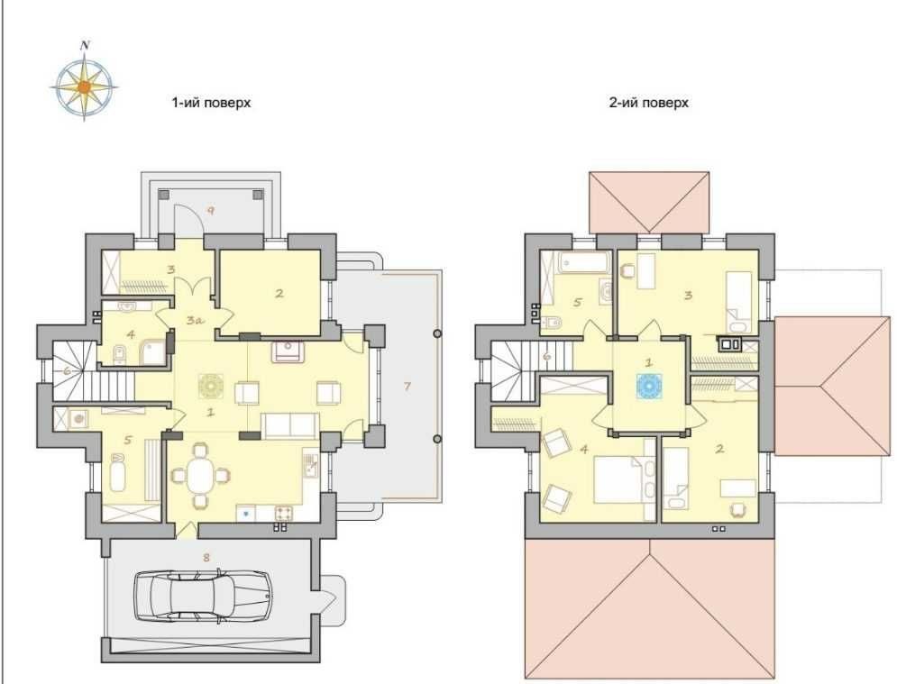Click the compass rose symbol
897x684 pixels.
tap(84, 87)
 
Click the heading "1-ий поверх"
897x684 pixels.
tap(211, 103)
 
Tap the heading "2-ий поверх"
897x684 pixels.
tap(649, 103)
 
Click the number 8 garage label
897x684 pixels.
tap(206, 557)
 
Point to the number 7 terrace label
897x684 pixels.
tap(407, 387)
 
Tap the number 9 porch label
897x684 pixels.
tap(211, 211)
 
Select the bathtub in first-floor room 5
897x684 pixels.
tap(118, 472)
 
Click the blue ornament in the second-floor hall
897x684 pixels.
tap(649, 386)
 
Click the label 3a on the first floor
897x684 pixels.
tap(195, 321)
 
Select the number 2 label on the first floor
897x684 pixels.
tap(279, 294)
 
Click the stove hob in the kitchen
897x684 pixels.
tap(284, 513)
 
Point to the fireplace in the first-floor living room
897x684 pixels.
tap(288, 351)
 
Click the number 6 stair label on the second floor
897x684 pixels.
tap(547, 357)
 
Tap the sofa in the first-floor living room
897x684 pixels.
tap(290, 426)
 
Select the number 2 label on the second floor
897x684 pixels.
tap(719, 450)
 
